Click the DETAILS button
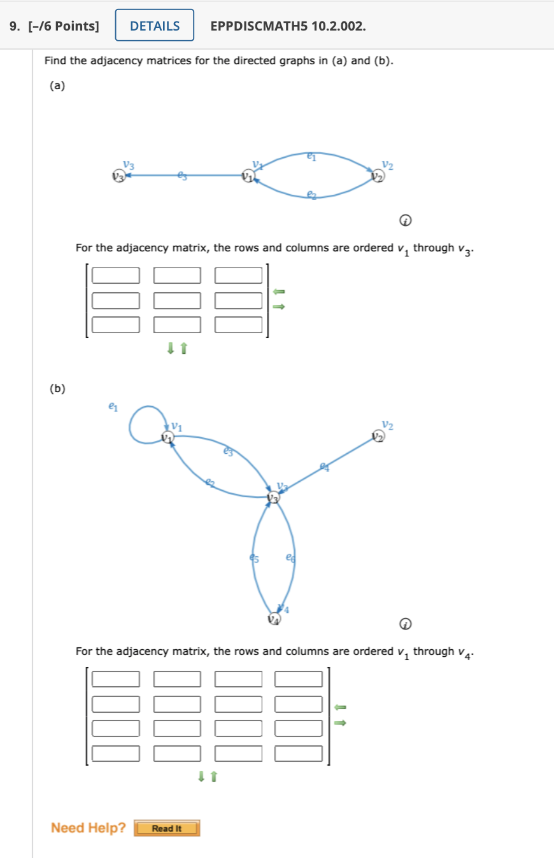(x=155, y=25)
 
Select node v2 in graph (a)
(x=379, y=177)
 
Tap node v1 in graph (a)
(x=248, y=176)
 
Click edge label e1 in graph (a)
(x=311, y=154)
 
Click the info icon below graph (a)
(x=405, y=221)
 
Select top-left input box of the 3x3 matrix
(x=115, y=275)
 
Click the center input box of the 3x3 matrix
(x=177, y=300)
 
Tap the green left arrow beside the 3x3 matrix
(x=279, y=292)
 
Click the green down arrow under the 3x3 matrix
(x=170, y=348)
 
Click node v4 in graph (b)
(x=274, y=618)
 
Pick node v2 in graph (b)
(x=379, y=437)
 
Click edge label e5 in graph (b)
(x=254, y=558)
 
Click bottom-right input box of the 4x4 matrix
(x=299, y=754)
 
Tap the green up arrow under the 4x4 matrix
(x=214, y=776)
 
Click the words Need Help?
(x=89, y=828)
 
